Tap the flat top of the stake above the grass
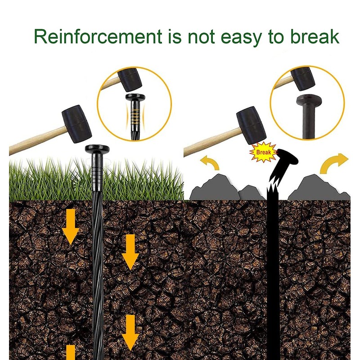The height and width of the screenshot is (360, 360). point(98,149)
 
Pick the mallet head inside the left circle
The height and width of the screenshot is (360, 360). point(130,80)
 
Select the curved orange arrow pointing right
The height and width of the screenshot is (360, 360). point(333,163)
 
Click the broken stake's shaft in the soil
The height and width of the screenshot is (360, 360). point(273,270)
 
